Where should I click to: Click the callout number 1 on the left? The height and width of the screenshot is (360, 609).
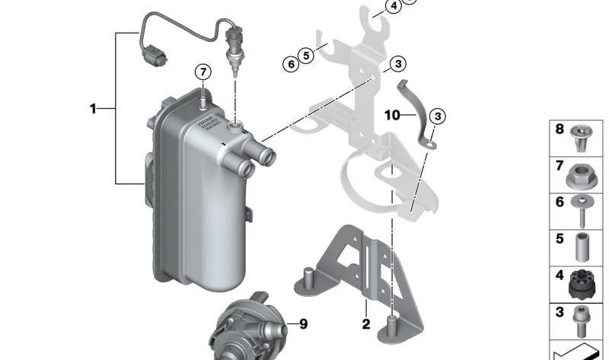click(94, 109)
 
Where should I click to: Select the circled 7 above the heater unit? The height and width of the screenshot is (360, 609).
click(202, 72)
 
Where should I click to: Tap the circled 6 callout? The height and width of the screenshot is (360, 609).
click(290, 64)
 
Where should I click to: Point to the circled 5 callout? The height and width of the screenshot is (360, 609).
click(306, 55)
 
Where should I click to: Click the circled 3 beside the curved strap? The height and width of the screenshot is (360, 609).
click(436, 116)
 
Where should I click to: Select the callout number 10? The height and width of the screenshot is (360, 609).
click(391, 116)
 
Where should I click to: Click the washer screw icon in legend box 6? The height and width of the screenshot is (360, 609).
click(585, 209)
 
